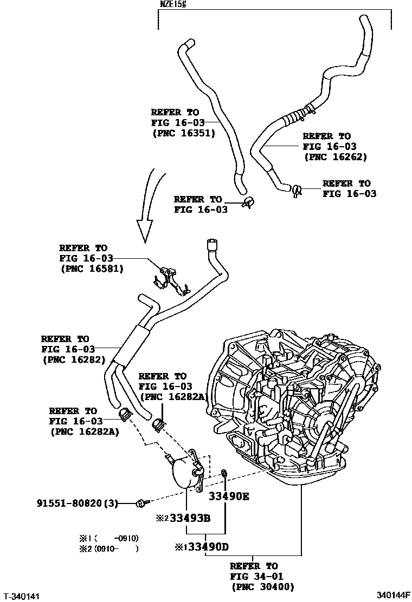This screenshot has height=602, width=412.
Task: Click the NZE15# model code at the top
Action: click(x=173, y=5)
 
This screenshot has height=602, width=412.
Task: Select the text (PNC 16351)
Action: click(x=183, y=133)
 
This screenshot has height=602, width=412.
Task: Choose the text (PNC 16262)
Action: click(x=335, y=158)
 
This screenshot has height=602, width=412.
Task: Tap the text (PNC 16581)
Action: click(x=91, y=269)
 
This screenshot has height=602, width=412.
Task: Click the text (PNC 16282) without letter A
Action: click(x=73, y=359)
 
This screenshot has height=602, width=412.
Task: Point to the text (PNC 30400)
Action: click(x=262, y=586)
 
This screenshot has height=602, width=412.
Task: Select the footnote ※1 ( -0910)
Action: click(x=109, y=538)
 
